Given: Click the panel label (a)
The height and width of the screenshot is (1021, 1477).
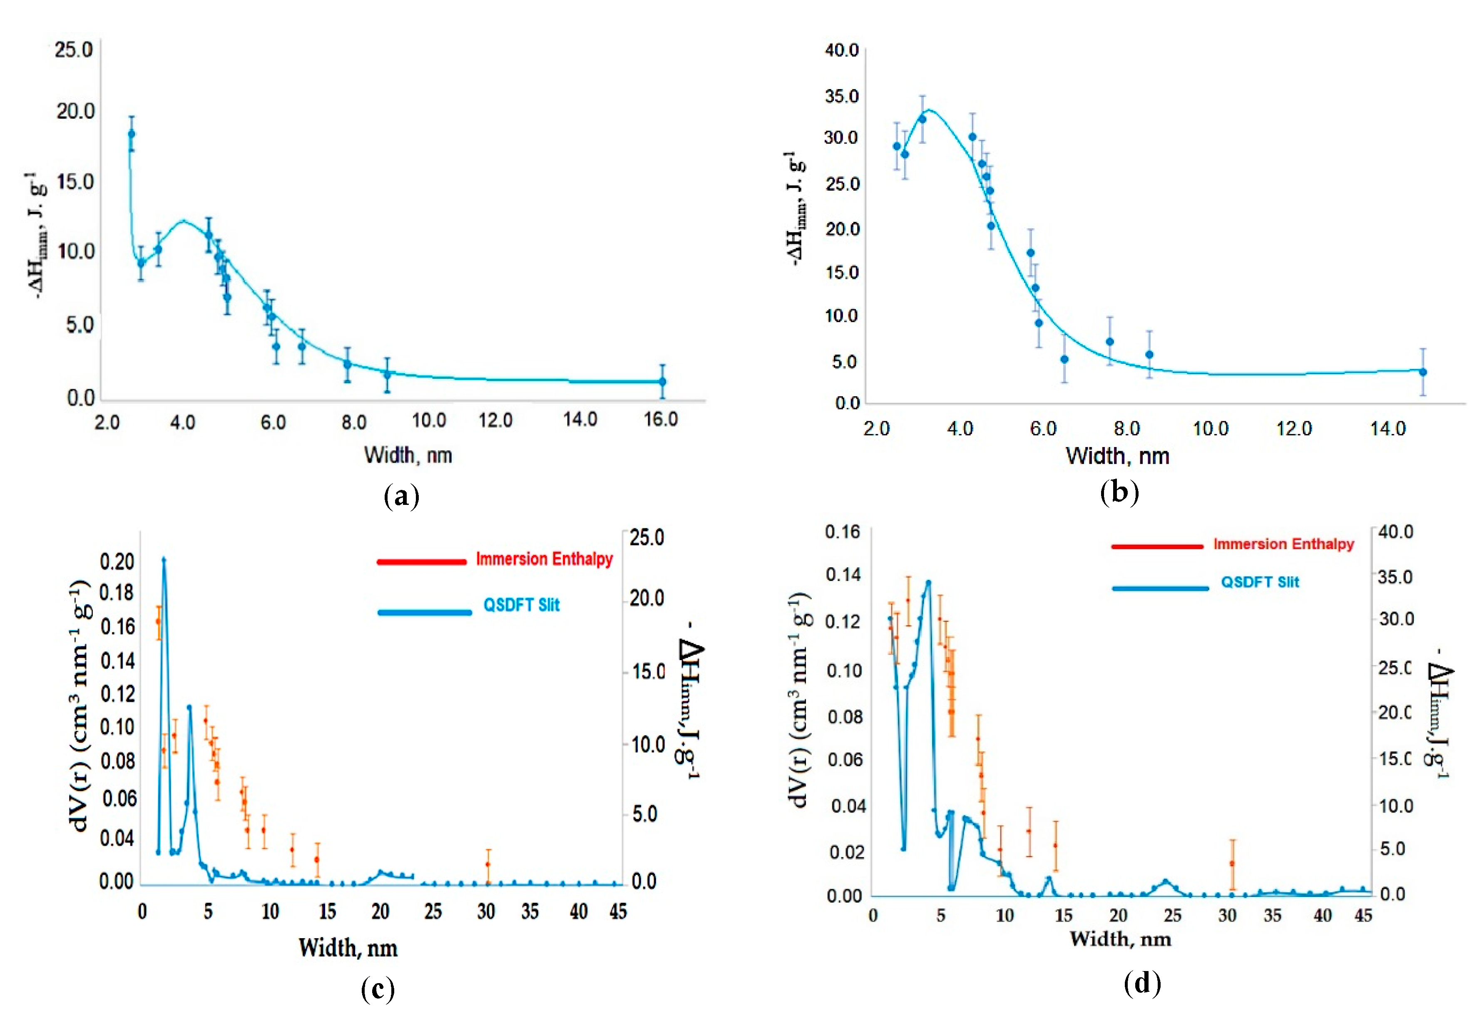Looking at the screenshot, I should pyautogui.click(x=401, y=497).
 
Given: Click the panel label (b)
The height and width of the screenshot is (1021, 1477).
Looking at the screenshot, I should pyautogui.click(x=1119, y=493).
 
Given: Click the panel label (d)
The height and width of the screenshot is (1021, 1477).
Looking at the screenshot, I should pyautogui.click(x=1142, y=983).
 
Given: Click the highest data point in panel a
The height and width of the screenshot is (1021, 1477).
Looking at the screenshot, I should pyautogui.click(x=131, y=134).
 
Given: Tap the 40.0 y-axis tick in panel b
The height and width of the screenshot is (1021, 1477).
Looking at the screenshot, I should pyautogui.click(x=841, y=50).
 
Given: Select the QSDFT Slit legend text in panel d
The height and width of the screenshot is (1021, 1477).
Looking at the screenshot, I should pyautogui.click(x=1260, y=582).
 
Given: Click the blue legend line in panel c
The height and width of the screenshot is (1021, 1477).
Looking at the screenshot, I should pyautogui.click(x=424, y=612).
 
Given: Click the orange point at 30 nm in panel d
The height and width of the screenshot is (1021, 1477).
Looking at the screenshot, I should pyautogui.click(x=1232, y=864).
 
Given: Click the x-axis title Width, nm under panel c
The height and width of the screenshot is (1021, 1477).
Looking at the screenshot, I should pyautogui.click(x=348, y=947).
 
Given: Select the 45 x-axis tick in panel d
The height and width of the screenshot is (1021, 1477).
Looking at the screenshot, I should pyautogui.click(x=1363, y=915).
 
